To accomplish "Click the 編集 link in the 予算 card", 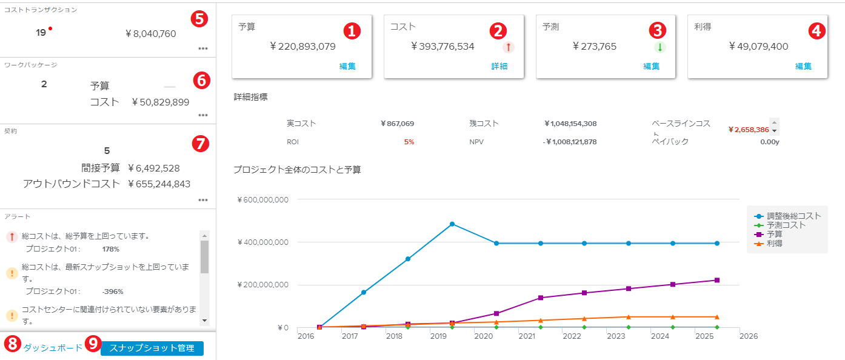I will click(347, 66).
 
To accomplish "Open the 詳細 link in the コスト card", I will click(499, 66).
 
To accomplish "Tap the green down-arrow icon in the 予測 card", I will click(660, 47).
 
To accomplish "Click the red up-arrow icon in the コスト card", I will click(508, 47).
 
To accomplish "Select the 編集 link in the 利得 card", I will click(803, 66).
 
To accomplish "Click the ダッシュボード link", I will click(53, 348).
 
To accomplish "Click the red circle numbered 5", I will click(199, 18).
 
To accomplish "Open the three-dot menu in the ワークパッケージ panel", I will click(202, 115).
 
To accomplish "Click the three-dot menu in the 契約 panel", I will click(202, 200).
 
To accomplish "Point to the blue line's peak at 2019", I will click(452, 224).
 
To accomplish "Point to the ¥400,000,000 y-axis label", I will click(262, 242).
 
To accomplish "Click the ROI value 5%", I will click(409, 142).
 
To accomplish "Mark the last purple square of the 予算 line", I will click(717, 280).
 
